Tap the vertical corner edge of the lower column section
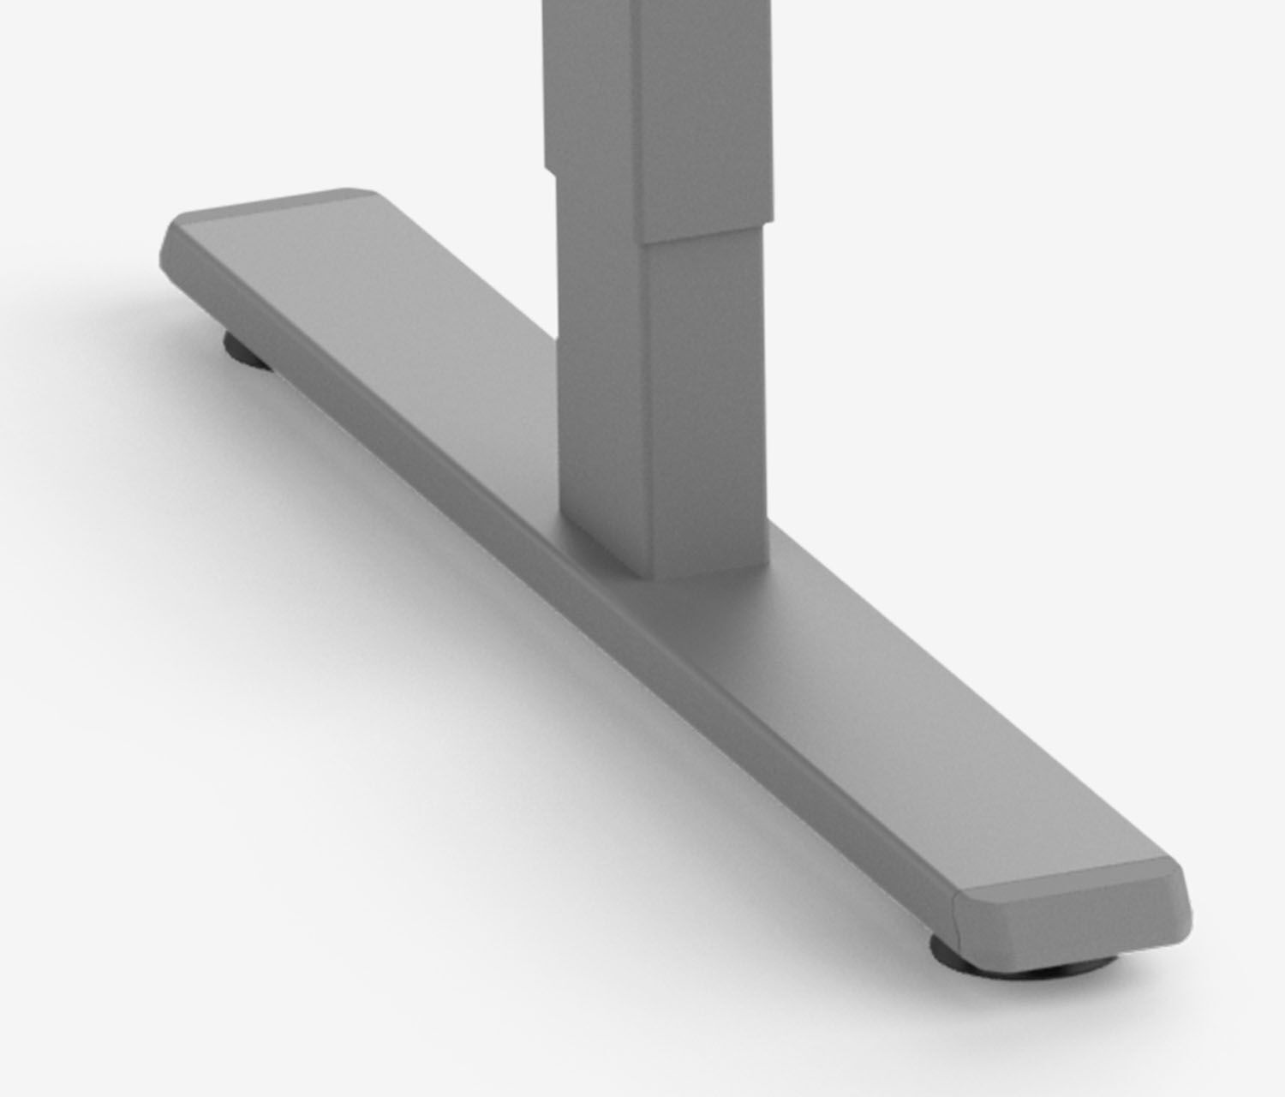648,411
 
